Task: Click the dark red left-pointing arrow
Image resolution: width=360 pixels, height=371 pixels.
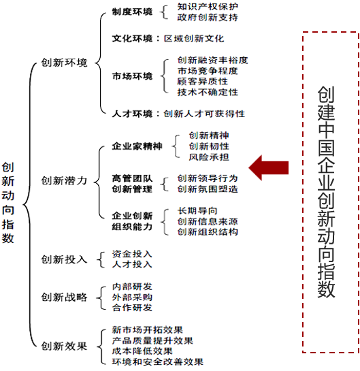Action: pos(268,167)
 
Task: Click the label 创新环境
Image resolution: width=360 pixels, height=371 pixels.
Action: pos(65,63)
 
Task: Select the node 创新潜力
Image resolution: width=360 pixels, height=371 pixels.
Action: pos(65,181)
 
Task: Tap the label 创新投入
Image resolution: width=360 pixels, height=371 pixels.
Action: pos(65,259)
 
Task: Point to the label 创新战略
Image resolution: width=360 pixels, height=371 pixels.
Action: pos(65,297)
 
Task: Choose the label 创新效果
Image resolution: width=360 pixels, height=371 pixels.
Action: pos(65,346)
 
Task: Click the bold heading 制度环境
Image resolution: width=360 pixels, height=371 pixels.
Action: pos(133,12)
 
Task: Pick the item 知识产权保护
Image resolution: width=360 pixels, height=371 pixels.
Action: pos(208,7)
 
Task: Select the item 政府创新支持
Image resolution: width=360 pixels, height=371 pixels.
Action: pos(208,17)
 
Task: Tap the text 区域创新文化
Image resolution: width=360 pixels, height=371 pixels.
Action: pos(194,39)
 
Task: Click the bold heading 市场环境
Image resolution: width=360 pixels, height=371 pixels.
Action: pos(133,76)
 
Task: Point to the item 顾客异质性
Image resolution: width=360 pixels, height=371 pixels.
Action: pos(203,82)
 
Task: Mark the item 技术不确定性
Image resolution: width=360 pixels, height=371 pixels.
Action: pos(208,93)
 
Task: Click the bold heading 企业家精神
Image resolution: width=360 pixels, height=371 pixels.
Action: pos(137,146)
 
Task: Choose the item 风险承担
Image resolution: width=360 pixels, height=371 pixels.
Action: pos(209,157)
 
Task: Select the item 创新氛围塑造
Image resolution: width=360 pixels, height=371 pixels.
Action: pos(208,189)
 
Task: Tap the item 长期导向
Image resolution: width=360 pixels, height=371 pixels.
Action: pos(197,210)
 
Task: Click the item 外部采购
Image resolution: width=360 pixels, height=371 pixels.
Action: pos(132,297)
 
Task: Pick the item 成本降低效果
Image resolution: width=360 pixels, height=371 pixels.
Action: pos(142,351)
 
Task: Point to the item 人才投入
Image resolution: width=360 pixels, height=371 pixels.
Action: pos(132,264)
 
